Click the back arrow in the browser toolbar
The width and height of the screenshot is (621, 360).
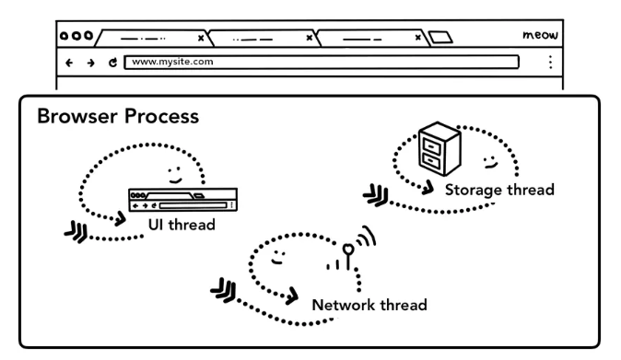[x=69, y=63]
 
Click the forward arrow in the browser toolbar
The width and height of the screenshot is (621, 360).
[x=91, y=63]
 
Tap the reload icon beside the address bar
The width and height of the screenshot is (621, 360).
[x=113, y=62]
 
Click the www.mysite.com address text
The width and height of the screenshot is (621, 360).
[x=172, y=62]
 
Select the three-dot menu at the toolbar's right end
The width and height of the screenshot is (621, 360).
[x=550, y=62]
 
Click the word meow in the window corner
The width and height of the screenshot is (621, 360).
[x=540, y=35]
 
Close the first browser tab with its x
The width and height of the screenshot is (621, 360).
[x=201, y=38]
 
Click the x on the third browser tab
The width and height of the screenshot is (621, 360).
[x=417, y=38]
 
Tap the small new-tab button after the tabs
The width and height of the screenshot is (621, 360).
[x=440, y=37]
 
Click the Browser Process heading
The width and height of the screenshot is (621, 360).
[x=118, y=116]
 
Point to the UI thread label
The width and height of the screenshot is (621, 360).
[x=182, y=225]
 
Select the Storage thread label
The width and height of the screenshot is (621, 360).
[x=499, y=190]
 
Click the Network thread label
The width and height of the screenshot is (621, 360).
[x=369, y=305]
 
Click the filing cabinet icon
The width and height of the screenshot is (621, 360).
[x=439, y=148]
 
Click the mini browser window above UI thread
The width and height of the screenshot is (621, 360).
[x=183, y=200]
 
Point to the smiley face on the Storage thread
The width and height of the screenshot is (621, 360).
[x=490, y=162]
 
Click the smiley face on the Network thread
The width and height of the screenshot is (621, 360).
[x=278, y=257]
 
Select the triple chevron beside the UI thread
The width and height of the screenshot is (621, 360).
[x=76, y=232]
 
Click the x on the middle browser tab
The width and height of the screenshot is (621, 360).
[x=310, y=38]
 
